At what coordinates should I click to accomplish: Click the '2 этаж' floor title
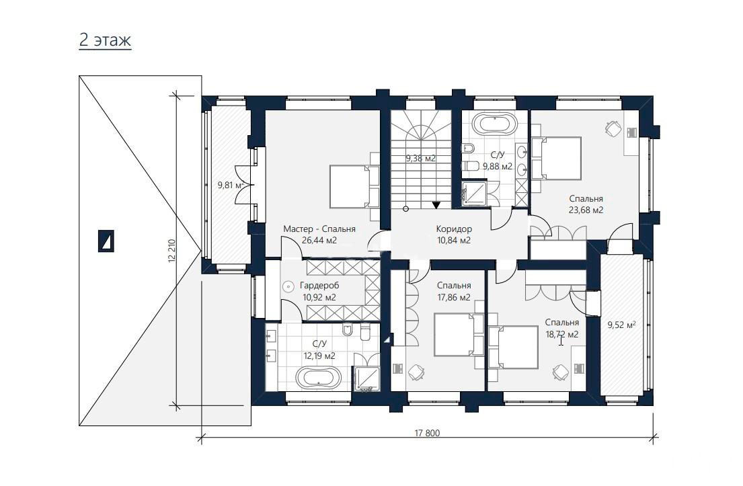click(105, 40)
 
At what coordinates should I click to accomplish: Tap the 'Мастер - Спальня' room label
click(319, 229)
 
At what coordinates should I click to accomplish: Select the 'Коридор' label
click(454, 229)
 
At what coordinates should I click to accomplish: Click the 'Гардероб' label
click(319, 286)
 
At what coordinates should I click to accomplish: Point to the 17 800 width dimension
click(427, 432)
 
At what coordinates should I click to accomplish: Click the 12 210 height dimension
click(171, 251)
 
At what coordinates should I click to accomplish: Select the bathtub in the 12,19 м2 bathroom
click(318, 378)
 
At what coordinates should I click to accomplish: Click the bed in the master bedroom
click(354, 186)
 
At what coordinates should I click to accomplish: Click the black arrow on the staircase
click(436, 205)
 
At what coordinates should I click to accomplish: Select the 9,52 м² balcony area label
click(621, 325)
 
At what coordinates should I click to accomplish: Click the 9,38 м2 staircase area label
click(420, 159)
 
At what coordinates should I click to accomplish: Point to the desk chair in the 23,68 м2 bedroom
click(613, 128)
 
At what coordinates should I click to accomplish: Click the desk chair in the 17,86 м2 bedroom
click(416, 372)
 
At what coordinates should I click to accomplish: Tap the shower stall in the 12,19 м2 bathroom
click(366, 379)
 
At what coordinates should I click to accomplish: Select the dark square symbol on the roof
click(106, 241)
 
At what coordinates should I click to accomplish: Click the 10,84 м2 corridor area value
click(454, 240)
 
